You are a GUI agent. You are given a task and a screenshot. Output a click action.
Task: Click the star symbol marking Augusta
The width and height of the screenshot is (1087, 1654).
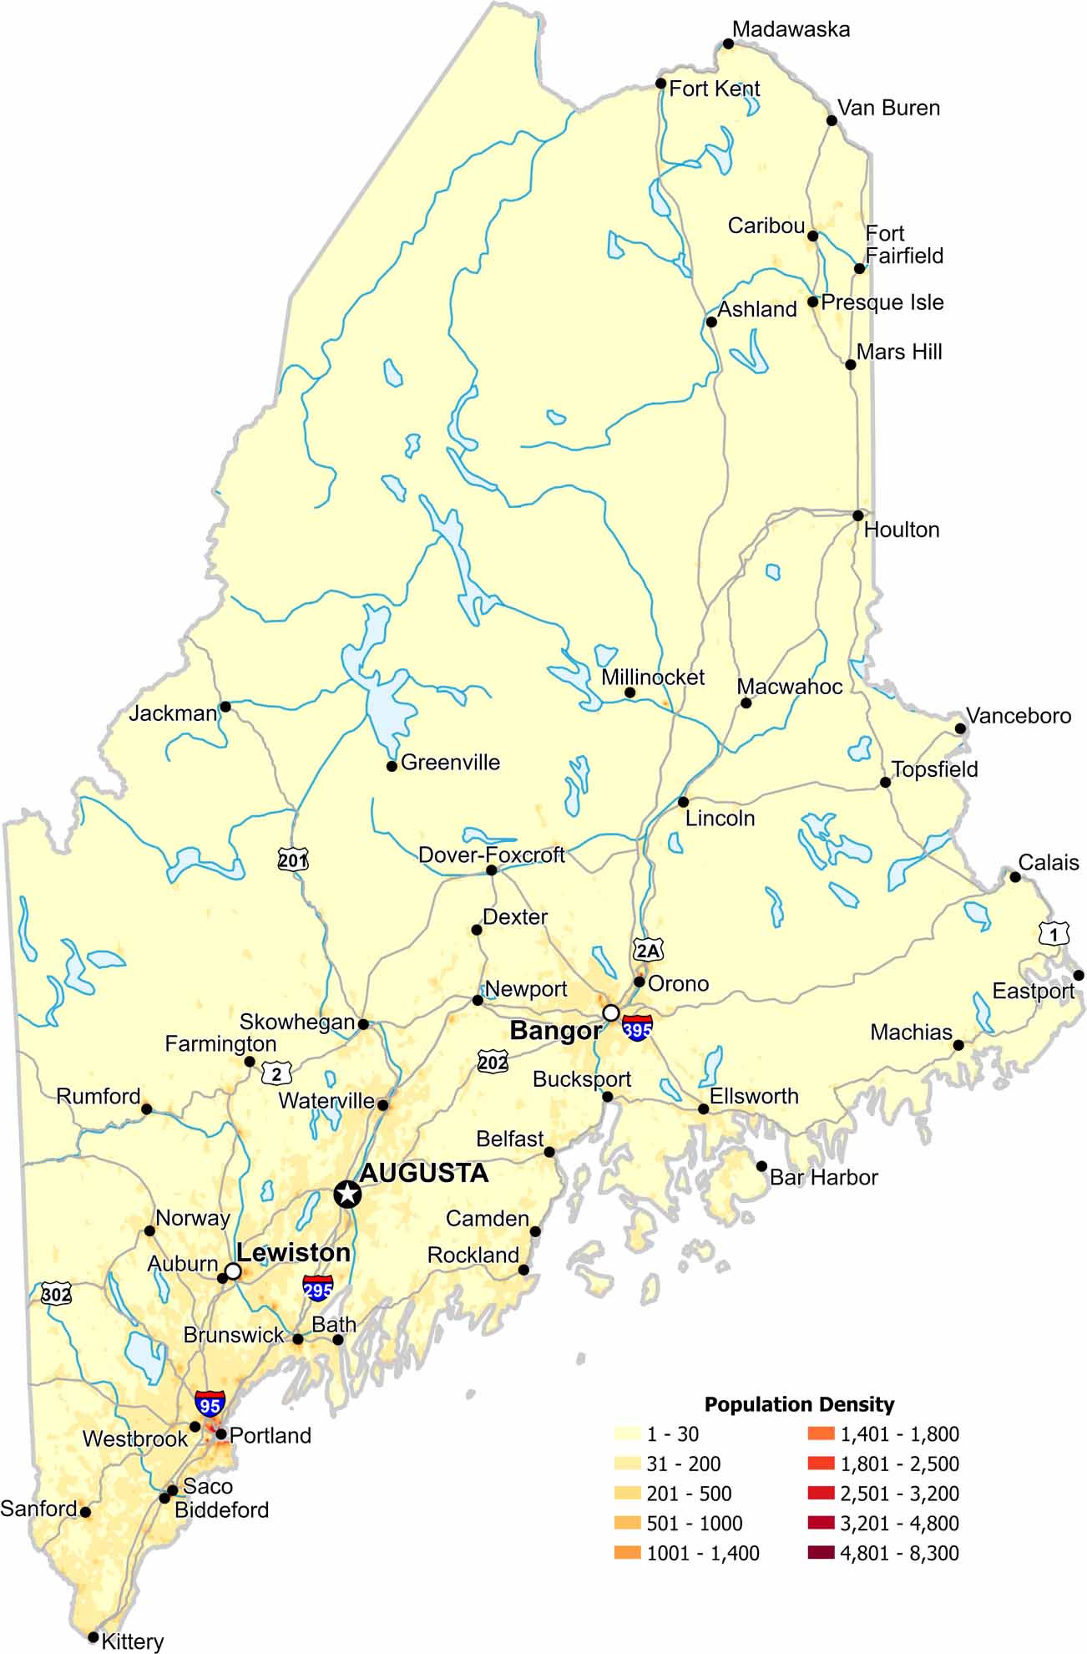tap(347, 1194)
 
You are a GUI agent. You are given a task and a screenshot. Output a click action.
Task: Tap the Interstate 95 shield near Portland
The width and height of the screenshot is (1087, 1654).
tap(209, 1403)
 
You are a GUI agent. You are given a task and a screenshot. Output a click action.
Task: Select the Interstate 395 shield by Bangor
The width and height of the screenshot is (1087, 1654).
tap(637, 1029)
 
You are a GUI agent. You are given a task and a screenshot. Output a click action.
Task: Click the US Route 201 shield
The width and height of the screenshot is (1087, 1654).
tap(293, 860)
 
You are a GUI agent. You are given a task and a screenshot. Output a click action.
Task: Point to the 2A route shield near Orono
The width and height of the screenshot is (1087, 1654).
tap(648, 950)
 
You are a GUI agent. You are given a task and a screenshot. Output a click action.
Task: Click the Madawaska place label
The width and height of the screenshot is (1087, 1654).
tap(791, 29)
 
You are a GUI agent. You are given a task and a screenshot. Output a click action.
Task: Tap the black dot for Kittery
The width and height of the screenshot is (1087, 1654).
tap(94, 1636)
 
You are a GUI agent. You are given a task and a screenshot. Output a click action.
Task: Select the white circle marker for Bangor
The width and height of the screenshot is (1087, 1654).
tap(611, 1012)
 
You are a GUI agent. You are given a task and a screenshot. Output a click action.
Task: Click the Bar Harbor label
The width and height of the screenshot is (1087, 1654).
tap(823, 1178)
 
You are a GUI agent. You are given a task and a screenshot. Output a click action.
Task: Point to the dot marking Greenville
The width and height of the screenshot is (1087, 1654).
tap(392, 766)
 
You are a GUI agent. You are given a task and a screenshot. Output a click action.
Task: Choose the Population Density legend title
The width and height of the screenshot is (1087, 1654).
tap(799, 1404)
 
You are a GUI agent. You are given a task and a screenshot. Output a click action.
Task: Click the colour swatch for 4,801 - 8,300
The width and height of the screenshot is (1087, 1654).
tap(821, 1553)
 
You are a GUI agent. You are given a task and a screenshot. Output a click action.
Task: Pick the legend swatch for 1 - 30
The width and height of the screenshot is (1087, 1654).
tap(627, 1433)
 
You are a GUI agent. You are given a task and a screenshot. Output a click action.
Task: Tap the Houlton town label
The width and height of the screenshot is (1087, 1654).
tap(901, 530)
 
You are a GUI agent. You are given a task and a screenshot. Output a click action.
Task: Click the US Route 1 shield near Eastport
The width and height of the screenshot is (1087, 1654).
tap(1054, 933)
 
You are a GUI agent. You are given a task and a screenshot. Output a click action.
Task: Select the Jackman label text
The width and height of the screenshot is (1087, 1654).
tap(173, 713)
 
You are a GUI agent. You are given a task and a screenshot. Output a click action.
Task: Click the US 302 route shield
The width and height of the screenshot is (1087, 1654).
tap(56, 1295)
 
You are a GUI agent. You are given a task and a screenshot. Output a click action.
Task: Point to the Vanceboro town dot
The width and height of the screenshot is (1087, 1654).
tap(961, 728)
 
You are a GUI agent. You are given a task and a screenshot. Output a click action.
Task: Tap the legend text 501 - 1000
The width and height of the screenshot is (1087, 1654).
tap(694, 1523)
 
